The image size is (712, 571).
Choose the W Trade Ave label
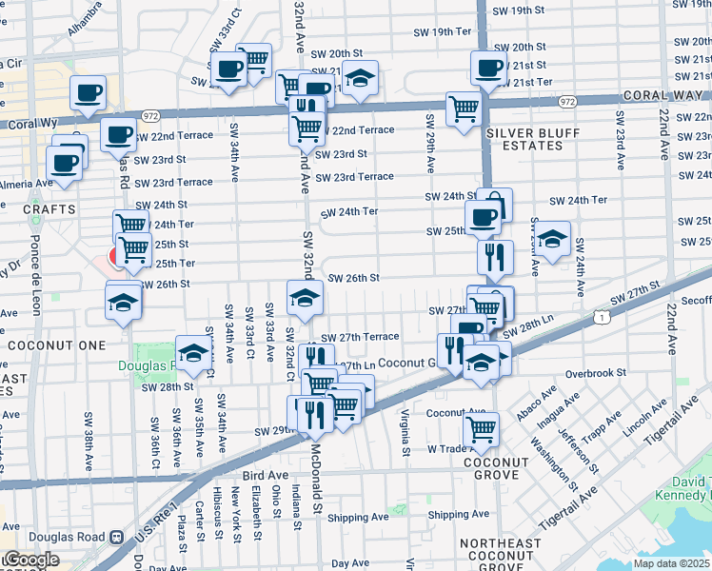coord(455,448)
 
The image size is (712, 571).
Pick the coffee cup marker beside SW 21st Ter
coord(487,68)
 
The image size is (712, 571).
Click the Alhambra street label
coord(85,20)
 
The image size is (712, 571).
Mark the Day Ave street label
coord(349,563)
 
